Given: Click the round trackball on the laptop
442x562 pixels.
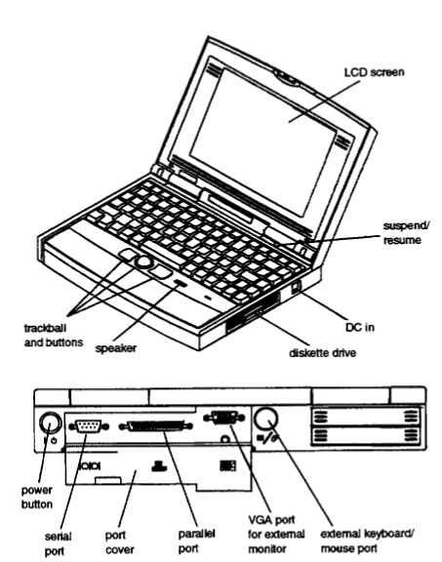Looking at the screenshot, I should point(143,262).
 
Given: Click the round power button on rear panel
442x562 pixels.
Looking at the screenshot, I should point(48,423).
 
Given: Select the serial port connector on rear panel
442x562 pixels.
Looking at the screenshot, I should point(89,424).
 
